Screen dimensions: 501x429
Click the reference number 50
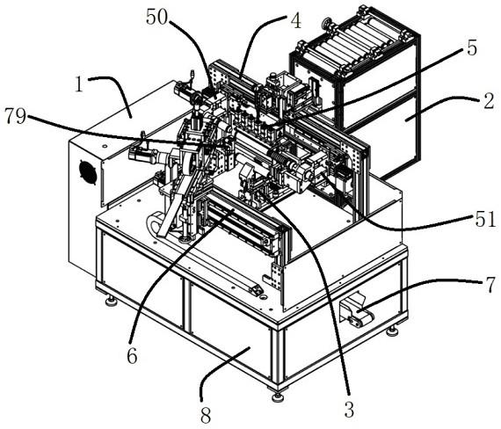pyautogui.click(x=156, y=18)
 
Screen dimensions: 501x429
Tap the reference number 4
pyautogui.click(x=295, y=21)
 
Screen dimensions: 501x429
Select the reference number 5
pyautogui.click(x=472, y=48)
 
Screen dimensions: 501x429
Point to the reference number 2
pyautogui.click(x=489, y=102)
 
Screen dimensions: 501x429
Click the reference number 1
pyautogui.click(x=79, y=84)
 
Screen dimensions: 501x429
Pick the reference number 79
pyautogui.click(x=15, y=116)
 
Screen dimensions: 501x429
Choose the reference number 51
pyautogui.click(x=486, y=220)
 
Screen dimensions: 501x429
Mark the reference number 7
pyautogui.click(x=490, y=285)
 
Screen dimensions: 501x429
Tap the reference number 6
pyautogui.click(x=132, y=355)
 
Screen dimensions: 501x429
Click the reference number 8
pyautogui.click(x=206, y=416)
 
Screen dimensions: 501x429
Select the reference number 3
pyautogui.click(x=349, y=409)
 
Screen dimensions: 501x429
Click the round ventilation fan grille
pyautogui.click(x=88, y=171)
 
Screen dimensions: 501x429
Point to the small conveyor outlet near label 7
pyautogui.click(x=356, y=312)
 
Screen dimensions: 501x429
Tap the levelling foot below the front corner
pyautogui.click(x=278, y=396)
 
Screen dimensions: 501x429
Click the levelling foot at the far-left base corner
pyautogui.click(x=111, y=300)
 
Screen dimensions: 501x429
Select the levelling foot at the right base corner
pyautogui.click(x=392, y=331)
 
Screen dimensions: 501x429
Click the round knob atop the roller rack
pyautogui.click(x=327, y=24)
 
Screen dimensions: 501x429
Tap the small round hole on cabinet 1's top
pyautogui.click(x=105, y=146)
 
